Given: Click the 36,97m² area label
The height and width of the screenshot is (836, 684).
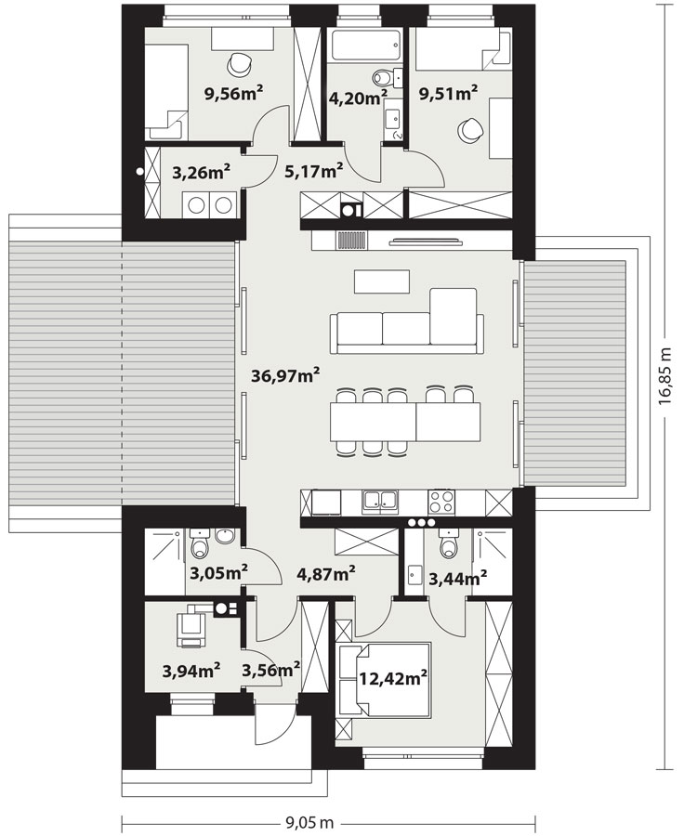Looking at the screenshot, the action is coord(285,375).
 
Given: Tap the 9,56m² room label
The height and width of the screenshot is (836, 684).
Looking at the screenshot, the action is coord(233,93).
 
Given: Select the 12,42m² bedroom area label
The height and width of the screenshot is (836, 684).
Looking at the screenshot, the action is coord(393,679).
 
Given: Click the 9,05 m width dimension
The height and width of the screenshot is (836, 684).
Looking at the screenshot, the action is coord(309,823).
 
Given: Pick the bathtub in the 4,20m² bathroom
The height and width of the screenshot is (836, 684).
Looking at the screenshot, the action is coord(365,46).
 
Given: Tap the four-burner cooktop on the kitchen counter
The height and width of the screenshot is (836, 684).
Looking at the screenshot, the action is coord(442,502).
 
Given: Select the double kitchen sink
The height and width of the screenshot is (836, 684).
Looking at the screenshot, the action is coord(379,502).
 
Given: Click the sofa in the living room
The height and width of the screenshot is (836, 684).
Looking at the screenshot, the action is coord(407,322).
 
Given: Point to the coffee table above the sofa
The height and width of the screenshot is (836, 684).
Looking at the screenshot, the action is coord(382,281).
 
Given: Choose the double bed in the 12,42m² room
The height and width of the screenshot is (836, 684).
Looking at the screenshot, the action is coord(384,679).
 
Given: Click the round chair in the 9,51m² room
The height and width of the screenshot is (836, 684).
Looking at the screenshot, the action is coord(469,129).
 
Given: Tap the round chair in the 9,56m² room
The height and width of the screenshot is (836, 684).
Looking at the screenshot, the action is coord(239,64).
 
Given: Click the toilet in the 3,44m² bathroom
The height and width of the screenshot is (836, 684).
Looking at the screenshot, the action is coord(447,542).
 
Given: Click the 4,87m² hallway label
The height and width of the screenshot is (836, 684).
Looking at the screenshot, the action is coord(326,574).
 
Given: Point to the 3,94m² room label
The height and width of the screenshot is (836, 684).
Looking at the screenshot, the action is coord(191,670).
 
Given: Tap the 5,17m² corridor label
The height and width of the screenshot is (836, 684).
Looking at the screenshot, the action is coord(313,171).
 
